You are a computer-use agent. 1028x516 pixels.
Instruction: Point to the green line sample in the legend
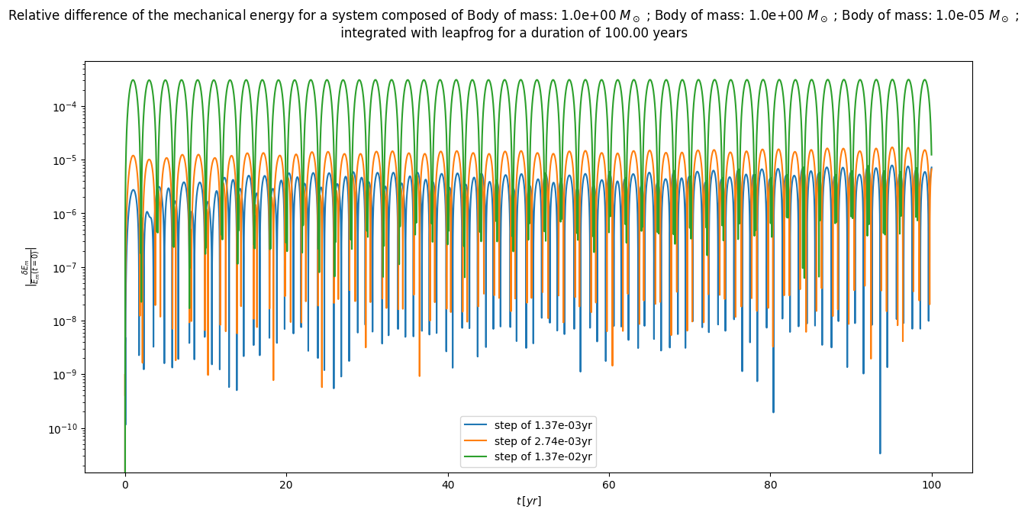click(x=478, y=457)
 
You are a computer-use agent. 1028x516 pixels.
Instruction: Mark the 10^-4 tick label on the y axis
click(x=63, y=106)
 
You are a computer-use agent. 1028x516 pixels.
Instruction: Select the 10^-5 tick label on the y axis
click(x=63, y=160)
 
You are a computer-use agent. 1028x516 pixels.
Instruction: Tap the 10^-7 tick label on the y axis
click(x=63, y=267)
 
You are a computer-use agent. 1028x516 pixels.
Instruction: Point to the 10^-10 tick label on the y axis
click(x=62, y=429)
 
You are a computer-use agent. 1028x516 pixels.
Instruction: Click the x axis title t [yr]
click(x=528, y=501)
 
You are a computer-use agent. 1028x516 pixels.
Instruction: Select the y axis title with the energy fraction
click(x=31, y=266)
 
